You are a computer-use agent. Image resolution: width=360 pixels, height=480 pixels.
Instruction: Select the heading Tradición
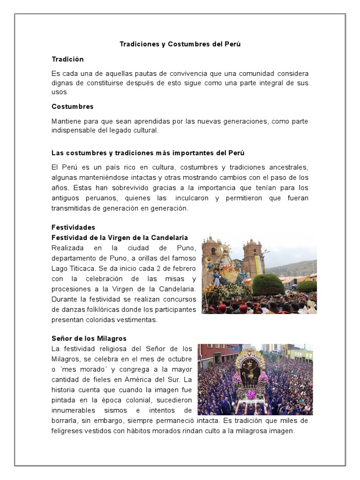click(67, 59)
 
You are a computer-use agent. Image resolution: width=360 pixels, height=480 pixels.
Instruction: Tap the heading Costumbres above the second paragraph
click(72, 106)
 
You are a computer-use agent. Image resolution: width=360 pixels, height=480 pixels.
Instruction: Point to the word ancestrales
click(287, 167)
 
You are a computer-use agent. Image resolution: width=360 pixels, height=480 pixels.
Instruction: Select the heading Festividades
click(73, 227)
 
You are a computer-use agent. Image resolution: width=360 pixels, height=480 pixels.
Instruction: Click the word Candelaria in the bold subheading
click(168, 237)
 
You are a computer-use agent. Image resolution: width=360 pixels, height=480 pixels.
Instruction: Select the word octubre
click(180, 359)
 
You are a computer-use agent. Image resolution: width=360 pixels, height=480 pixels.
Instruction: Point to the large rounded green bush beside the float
click(268, 284)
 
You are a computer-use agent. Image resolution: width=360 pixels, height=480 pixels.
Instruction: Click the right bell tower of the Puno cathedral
click(253, 255)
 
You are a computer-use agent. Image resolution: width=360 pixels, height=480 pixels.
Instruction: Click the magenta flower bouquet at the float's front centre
click(251, 394)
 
